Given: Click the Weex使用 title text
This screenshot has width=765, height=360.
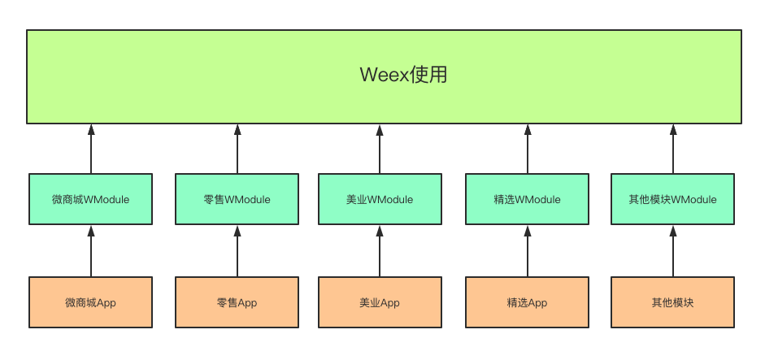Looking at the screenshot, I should tap(403, 76).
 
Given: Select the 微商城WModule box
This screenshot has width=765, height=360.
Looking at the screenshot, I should tap(90, 199).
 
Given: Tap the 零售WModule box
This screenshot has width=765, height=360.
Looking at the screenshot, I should tap(237, 199).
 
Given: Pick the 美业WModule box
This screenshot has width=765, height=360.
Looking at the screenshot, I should tap(380, 199).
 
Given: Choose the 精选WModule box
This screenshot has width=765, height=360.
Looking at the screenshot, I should tap(527, 199).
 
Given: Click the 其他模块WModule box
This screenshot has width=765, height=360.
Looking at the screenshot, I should tap(672, 199).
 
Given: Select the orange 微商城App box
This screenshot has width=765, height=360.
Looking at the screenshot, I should tap(90, 302).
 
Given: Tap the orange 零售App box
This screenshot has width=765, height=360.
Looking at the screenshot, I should tap(237, 302).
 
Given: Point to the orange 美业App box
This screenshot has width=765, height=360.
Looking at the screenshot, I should tap(380, 302).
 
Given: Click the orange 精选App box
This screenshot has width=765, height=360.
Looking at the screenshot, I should tap(527, 302).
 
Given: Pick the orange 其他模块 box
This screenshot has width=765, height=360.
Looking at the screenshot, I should tap(672, 302).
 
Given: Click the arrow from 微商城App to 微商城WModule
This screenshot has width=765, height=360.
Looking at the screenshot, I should tap(91, 251).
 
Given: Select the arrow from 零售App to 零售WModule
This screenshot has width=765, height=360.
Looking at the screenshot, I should tap(237, 251).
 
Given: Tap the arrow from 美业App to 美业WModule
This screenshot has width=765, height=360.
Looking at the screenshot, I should tap(380, 251).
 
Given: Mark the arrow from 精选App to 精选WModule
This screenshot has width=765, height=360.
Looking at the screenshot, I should tap(527, 251).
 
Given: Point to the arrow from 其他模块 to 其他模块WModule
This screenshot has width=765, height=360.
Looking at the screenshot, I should tap(672, 251).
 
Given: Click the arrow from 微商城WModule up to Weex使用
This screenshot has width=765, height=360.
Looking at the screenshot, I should tap(91, 149).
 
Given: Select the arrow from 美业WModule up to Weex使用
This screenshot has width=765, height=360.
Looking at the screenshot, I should tap(380, 149).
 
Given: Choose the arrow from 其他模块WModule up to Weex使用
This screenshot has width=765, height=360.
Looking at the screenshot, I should tap(672, 149).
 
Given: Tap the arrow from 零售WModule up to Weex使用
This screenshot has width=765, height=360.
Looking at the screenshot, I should tap(237, 149).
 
